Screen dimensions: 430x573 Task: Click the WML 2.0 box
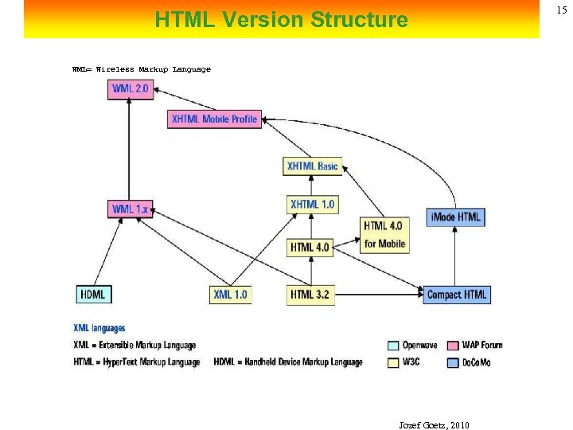click(130, 88)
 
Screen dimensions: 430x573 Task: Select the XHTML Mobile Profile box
click(214, 119)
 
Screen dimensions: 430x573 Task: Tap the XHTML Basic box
click(312, 166)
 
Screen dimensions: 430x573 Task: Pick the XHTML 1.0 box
click(312, 205)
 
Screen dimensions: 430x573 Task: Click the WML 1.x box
click(130, 209)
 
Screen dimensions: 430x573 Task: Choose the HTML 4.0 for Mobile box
click(384, 235)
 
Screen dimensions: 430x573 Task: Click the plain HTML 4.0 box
click(309, 248)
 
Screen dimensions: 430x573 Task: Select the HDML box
click(92, 295)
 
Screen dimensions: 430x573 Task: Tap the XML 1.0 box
click(230, 295)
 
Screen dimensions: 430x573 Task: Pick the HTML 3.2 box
click(309, 295)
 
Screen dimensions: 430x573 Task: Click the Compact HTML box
click(456, 295)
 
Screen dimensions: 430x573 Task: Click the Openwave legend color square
click(392, 346)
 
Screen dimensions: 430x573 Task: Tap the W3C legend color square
click(392, 362)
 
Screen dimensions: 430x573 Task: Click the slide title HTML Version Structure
click(281, 19)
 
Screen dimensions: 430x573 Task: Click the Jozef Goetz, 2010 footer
click(434, 425)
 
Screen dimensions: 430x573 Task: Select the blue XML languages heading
click(99, 328)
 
